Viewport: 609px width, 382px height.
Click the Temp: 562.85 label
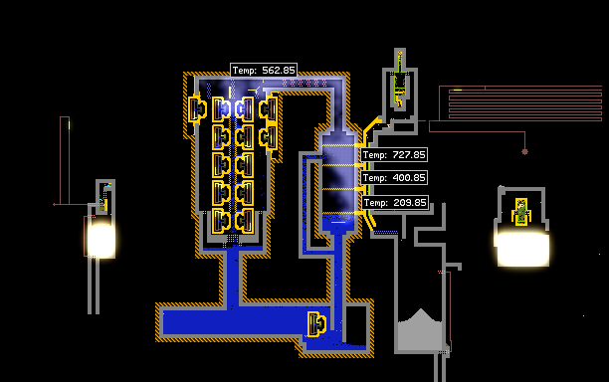(264, 71)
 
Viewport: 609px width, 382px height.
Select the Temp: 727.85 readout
(394, 155)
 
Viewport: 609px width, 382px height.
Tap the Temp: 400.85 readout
(394, 178)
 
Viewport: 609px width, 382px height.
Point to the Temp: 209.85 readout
(395, 203)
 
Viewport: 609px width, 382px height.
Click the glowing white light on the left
(101, 241)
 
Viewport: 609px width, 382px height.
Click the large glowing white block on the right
(522, 250)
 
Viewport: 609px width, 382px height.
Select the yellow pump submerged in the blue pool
(316, 323)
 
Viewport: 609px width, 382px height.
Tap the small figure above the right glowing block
(521, 212)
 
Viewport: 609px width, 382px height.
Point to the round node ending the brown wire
(524, 152)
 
